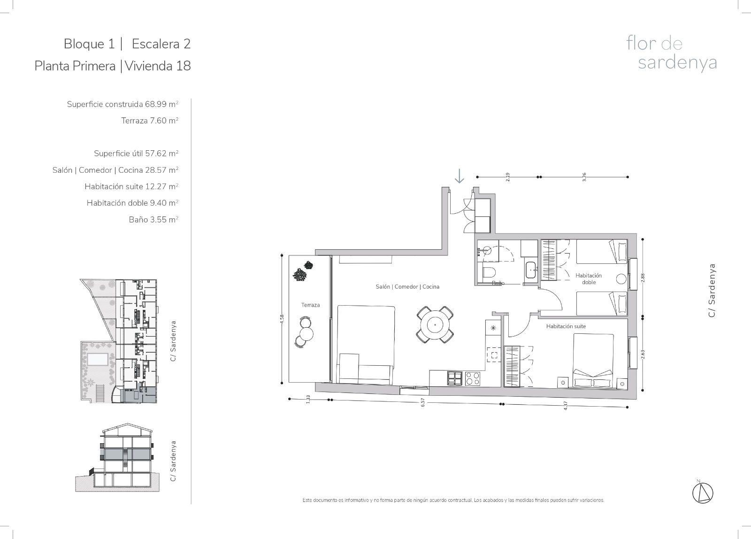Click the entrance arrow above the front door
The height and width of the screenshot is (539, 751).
460,176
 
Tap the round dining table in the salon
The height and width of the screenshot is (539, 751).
435,325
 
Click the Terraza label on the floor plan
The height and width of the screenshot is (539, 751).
310,305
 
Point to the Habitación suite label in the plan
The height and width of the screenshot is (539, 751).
566,326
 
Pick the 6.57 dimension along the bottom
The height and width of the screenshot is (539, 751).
423,402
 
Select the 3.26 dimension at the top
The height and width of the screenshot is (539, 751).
584,177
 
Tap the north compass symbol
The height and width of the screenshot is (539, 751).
703,493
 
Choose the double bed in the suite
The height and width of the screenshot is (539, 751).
593,361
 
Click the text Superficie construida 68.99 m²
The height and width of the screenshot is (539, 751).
123,104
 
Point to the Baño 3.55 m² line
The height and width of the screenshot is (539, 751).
153,219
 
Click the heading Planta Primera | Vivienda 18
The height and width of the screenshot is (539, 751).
113,66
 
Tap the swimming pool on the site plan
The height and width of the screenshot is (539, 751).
98,360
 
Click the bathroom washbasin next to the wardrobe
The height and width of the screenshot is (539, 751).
531,270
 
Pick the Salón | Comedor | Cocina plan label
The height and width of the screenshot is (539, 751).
407,286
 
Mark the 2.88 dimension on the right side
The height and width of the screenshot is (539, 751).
643,278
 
